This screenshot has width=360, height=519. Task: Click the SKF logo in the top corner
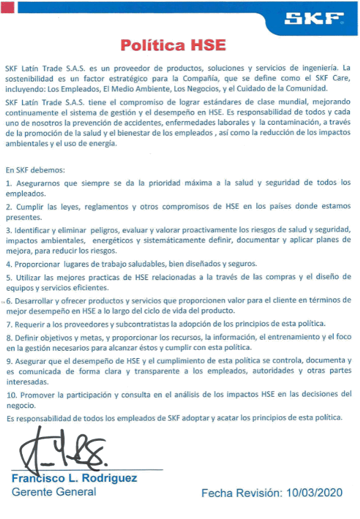click(313, 19)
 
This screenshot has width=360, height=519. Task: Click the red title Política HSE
click(173, 45)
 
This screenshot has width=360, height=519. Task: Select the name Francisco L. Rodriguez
click(74, 479)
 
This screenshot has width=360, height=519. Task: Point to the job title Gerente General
click(54, 492)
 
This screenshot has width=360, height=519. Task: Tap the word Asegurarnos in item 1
click(37, 183)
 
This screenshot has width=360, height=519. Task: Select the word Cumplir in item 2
click(28, 206)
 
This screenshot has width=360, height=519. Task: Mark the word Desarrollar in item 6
click(37, 301)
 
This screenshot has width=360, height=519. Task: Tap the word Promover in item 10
click(37, 395)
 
